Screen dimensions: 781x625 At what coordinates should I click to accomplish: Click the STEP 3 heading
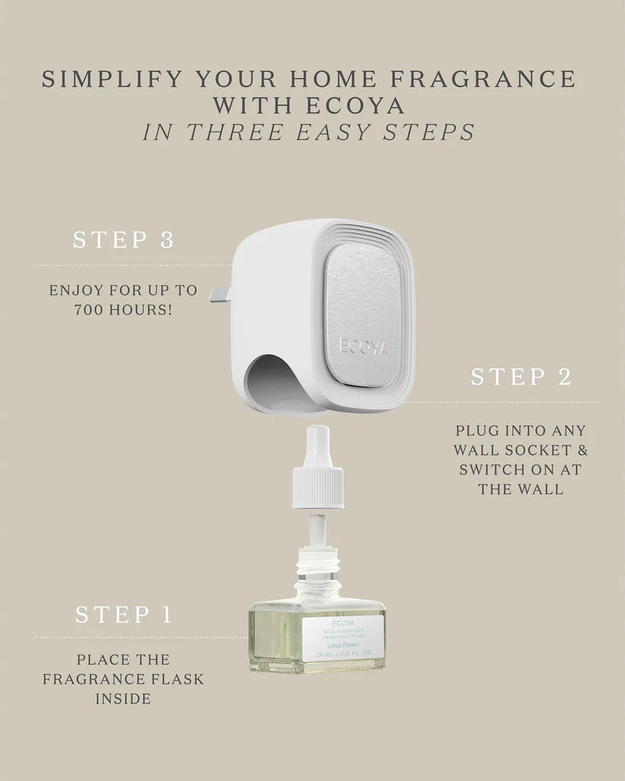124,241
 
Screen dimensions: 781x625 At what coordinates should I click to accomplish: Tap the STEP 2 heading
521,377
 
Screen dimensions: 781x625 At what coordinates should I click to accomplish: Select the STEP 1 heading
124,614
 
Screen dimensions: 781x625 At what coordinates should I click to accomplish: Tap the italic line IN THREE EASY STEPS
309,131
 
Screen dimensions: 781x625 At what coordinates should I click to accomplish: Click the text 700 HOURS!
123,310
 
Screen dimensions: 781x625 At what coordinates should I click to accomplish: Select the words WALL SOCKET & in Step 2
521,450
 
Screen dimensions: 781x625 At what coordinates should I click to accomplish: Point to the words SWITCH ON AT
521,470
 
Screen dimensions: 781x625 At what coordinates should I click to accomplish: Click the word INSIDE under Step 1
123,698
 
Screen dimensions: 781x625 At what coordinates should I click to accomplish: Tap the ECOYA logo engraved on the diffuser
364,348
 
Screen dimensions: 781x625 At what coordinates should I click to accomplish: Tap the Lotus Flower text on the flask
342,644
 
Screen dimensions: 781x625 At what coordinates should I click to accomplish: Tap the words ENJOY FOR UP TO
123,291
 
